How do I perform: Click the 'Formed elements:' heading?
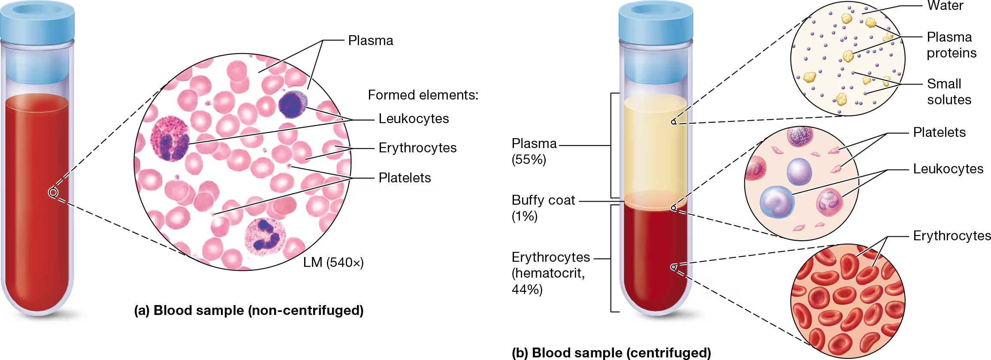pyautogui.click(x=423, y=95)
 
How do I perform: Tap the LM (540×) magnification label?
pyautogui.click(x=333, y=262)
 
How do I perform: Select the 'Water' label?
pyautogui.click(x=945, y=6)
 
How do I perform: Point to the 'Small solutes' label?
pyautogui.click(x=949, y=91)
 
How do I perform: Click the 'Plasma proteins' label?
pyautogui.click(x=951, y=45)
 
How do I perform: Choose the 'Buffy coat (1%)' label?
pyautogui.click(x=543, y=208)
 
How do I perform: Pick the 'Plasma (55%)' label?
pyautogui.click(x=534, y=151)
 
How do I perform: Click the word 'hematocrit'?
pyautogui.click(x=547, y=273)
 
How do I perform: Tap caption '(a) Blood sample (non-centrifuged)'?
pyautogui.click(x=249, y=310)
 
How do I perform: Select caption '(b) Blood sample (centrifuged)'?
pyautogui.click(x=611, y=353)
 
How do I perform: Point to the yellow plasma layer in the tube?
pyautogui.click(x=655, y=146)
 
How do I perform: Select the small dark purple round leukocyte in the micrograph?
pyautogui.click(x=293, y=104)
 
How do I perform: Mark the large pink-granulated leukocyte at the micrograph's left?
pyautogui.click(x=170, y=138)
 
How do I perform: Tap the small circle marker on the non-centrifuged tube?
pyautogui.click(x=53, y=193)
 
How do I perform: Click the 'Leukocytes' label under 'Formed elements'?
pyautogui.click(x=414, y=118)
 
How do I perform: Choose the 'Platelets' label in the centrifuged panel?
pyautogui.click(x=939, y=132)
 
